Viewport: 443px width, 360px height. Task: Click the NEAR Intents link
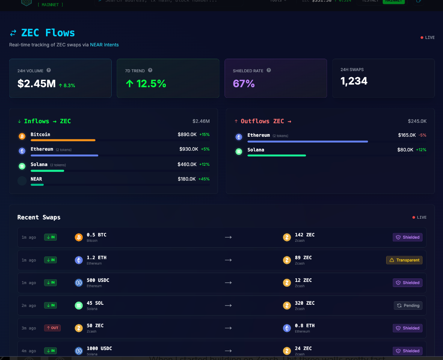(104, 45)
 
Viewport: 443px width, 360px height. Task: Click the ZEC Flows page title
(48, 33)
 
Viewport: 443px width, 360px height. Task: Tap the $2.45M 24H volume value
(36, 83)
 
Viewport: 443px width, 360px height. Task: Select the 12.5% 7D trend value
(146, 83)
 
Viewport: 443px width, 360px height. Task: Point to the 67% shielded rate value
(244, 83)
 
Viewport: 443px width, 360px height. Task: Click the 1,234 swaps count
(354, 81)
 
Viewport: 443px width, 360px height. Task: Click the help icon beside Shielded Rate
(269, 70)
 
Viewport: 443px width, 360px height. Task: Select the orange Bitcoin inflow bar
(63, 140)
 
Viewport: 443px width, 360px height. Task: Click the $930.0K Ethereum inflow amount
(189, 149)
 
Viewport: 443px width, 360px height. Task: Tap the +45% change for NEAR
(204, 179)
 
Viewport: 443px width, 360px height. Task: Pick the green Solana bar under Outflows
(276, 155)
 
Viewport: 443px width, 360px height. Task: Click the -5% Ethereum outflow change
(423, 135)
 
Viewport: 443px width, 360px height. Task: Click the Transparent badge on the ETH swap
(404, 260)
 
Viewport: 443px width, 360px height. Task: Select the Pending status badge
(408, 306)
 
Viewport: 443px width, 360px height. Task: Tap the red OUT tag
(52, 328)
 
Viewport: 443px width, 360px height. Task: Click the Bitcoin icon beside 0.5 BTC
(79, 237)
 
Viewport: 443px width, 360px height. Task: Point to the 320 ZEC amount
(305, 303)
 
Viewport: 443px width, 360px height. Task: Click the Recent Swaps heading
(39, 217)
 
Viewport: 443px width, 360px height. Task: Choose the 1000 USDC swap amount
(99, 348)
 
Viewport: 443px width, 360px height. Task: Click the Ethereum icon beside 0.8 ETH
(287, 328)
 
